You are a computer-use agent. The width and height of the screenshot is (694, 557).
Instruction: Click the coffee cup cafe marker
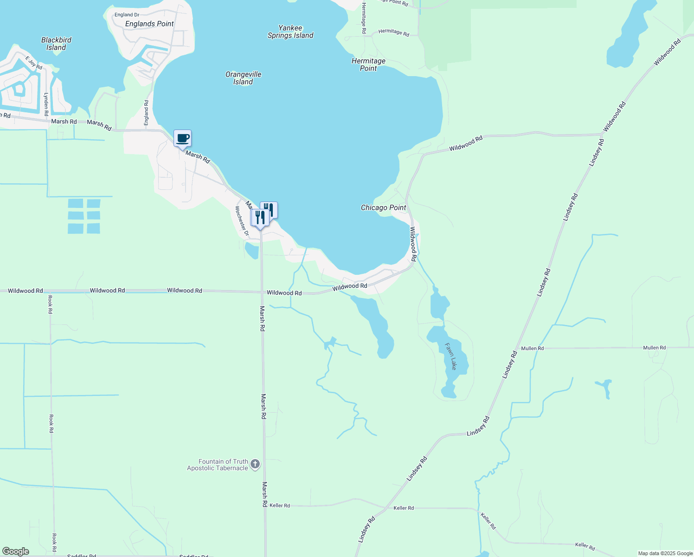(x=182, y=138)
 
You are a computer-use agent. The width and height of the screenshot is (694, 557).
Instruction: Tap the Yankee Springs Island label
(x=290, y=32)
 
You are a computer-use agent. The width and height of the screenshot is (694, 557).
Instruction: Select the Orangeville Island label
(x=243, y=78)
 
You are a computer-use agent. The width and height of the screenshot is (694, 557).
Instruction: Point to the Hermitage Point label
(x=368, y=65)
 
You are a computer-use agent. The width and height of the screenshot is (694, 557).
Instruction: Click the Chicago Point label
(x=383, y=207)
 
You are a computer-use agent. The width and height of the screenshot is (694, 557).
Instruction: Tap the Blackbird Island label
(x=56, y=44)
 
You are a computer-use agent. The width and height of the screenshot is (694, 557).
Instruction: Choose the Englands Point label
(x=149, y=24)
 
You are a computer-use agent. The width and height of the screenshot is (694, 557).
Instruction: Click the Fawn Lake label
(x=451, y=356)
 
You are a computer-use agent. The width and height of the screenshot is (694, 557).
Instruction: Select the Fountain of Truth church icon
(x=255, y=464)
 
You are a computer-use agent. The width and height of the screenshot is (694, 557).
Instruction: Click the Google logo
(x=15, y=551)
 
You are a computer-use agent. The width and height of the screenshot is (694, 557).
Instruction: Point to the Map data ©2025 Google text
(x=665, y=553)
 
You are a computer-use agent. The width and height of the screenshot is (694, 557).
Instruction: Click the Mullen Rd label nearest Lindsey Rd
(x=532, y=348)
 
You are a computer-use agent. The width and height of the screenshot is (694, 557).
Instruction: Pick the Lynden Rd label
(x=46, y=104)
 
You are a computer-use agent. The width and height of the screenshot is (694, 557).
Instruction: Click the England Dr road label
(x=127, y=15)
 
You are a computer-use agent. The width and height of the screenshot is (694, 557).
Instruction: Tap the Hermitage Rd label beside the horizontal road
(x=393, y=32)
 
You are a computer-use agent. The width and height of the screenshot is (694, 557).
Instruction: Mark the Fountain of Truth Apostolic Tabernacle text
(x=218, y=465)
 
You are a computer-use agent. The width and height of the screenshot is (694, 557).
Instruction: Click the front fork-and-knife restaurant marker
(x=260, y=218)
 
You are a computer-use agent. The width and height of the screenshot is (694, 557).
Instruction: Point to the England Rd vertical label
(x=146, y=112)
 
